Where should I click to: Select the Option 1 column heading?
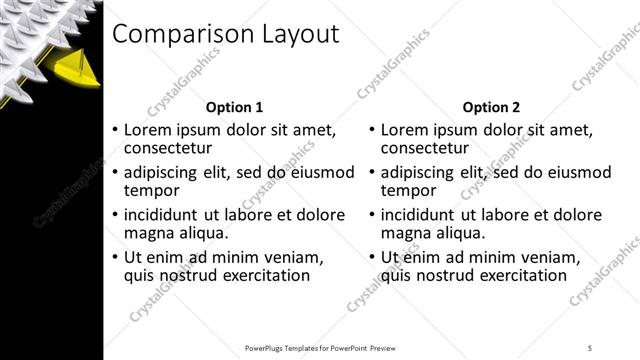coord(234,107)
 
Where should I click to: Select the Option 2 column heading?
coord(491,107)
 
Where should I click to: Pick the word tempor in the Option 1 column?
coord(151,190)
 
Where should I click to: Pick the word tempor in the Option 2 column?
coord(409,190)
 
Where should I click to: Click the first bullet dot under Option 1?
coord(115,131)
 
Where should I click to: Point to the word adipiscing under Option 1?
coord(172,173)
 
